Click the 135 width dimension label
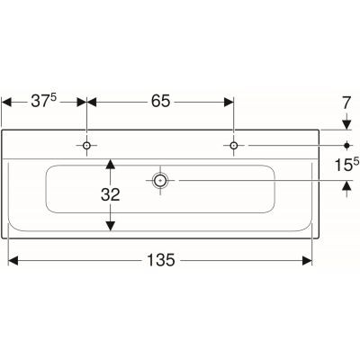(160, 260)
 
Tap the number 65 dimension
(160, 101)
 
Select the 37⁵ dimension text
(44, 101)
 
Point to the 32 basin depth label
(111, 194)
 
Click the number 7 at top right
(346, 103)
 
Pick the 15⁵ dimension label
(346, 165)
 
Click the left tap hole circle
(86, 146)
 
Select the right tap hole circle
(233, 146)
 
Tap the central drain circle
(160, 180)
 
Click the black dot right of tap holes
(347, 146)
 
